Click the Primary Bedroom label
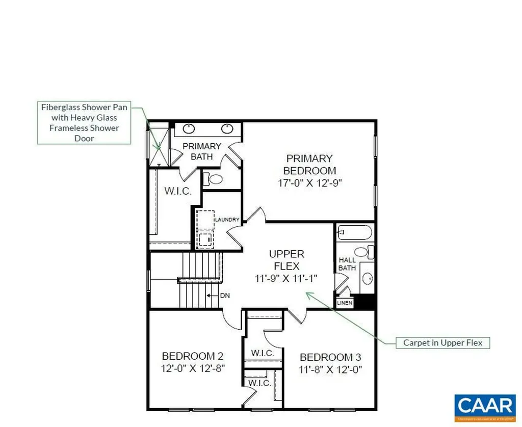[x=309, y=165]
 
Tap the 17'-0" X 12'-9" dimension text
[x=309, y=183]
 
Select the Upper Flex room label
[x=286, y=260]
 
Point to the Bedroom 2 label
[x=192, y=356]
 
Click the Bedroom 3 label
[x=333, y=357]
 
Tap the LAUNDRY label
[x=227, y=220]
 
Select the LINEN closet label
[x=345, y=303]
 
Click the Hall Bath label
[x=347, y=264]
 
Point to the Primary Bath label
[x=202, y=151]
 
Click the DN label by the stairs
[x=225, y=295]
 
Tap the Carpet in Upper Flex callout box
[x=442, y=342]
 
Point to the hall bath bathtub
[x=354, y=233]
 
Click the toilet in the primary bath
[x=215, y=179]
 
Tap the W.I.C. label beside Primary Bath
[x=178, y=192]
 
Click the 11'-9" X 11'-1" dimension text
[x=286, y=278]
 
